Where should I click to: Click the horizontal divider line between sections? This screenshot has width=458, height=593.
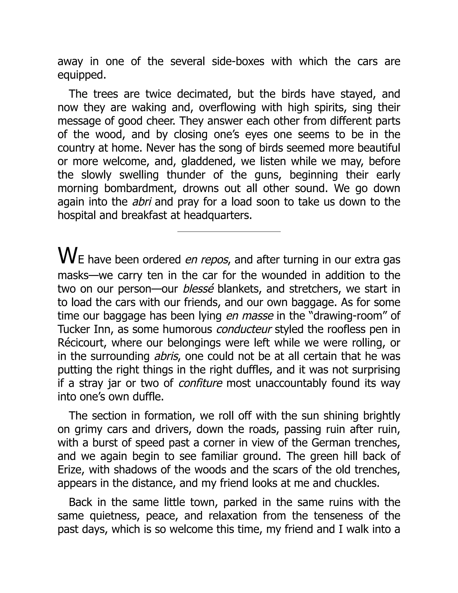click(x=229, y=232)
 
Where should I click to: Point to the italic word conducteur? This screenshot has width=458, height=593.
click(x=244, y=329)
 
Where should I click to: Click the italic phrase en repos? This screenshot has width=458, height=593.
click(x=206, y=260)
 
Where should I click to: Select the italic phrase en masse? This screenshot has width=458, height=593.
click(x=249, y=316)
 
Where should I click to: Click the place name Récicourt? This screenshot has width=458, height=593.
click(x=80, y=343)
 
